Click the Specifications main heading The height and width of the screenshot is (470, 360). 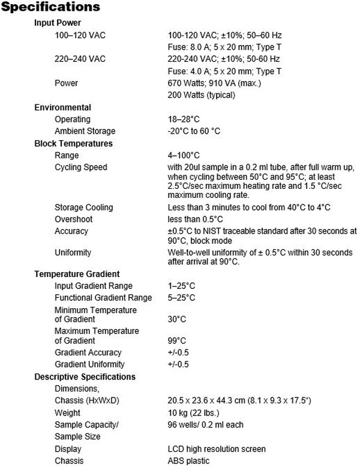coord(50,8)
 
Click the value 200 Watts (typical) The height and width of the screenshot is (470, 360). coord(201,95)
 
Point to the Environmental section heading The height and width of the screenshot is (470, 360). coord(63,107)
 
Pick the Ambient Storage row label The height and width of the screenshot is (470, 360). coord(85,131)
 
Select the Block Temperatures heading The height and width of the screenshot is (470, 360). coord(74,143)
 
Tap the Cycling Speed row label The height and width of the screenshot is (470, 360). coord(81,167)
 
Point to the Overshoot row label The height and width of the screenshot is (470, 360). coord(74,219)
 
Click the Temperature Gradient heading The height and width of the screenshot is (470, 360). coord(77,274)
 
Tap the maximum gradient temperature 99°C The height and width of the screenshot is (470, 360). coord(177,341)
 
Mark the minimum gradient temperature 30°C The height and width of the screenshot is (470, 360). coord(177,320)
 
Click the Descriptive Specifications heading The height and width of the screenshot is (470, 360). coord(85,376)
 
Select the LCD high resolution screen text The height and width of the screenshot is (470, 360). coord(217,449)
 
